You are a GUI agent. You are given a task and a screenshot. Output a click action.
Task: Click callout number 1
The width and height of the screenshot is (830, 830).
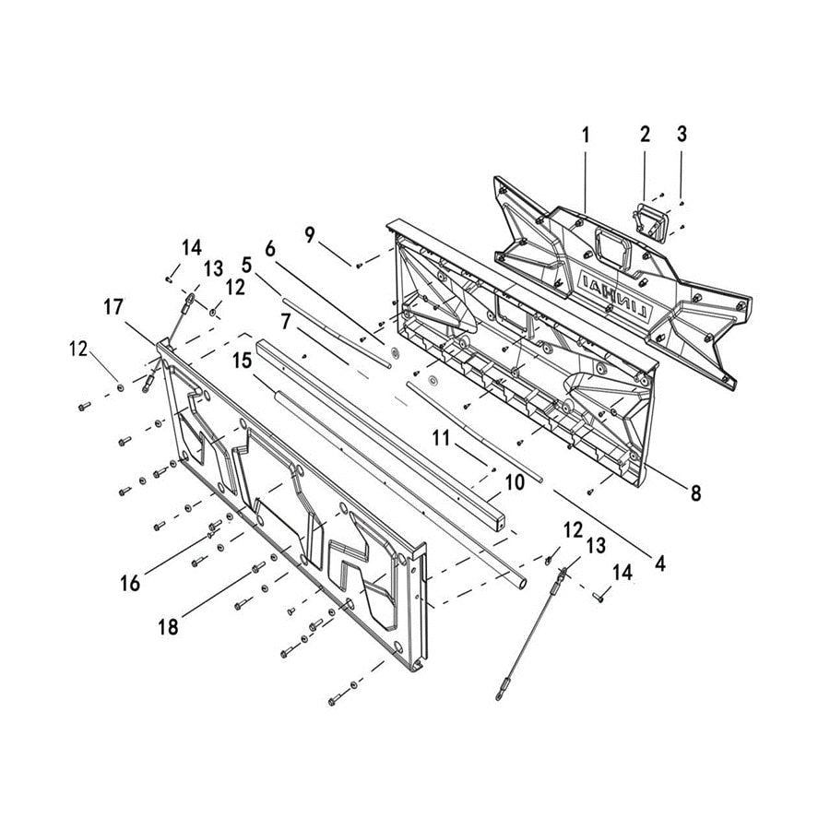coord(586,135)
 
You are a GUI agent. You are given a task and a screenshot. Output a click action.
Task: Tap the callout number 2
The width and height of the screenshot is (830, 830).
coord(645,135)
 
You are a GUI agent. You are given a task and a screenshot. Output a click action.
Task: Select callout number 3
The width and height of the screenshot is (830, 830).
coord(682,135)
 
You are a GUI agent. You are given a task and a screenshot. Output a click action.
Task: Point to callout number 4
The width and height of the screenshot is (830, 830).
coord(659,560)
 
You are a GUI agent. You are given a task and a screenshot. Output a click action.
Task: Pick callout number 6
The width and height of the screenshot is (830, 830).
coord(269,249)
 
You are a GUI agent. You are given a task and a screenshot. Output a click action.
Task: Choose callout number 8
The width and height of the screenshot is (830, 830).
coord(695,492)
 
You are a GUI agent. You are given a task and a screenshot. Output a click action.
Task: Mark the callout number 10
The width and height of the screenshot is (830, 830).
coord(515,480)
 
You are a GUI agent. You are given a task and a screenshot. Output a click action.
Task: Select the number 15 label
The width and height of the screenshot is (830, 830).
coord(243,361)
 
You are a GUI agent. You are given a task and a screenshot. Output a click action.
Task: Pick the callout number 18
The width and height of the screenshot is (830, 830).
coord(168,627)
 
